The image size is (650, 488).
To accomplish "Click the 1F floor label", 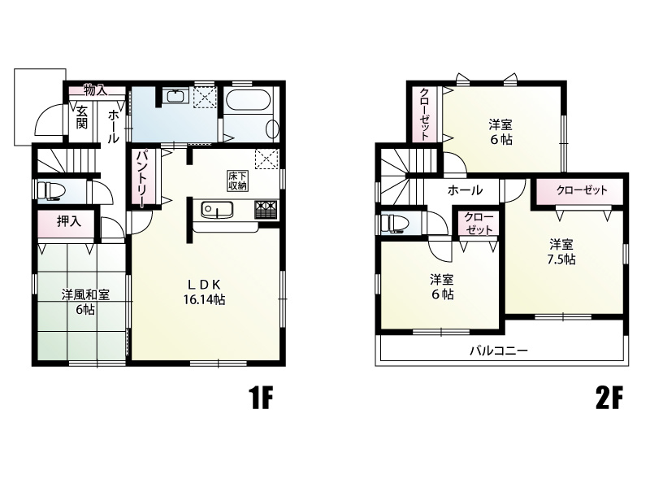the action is point(261,399).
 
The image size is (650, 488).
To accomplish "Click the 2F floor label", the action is point(609,399).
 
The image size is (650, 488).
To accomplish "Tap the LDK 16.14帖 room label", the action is point(205,292).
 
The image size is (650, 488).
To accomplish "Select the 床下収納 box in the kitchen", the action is point(237,181).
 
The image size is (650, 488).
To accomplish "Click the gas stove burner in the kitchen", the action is point(266,209).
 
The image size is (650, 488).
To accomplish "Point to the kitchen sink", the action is point(217,209).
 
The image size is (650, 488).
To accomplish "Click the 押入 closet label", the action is point(69,221).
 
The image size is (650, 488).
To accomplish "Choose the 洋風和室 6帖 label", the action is point(85,302).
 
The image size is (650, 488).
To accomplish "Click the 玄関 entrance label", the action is point(82,117).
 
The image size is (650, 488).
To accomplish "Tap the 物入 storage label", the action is point(96,89).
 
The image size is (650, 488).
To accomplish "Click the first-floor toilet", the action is point(50,191).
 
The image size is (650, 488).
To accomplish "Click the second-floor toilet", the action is point(394,223).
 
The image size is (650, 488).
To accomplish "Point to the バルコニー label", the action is point(499,351).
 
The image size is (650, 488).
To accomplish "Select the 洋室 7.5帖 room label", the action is point(561,252).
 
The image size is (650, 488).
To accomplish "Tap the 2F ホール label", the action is point(465,190).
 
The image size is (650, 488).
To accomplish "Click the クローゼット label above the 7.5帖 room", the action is point(582,190).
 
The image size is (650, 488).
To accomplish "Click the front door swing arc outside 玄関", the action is point(42,113).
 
